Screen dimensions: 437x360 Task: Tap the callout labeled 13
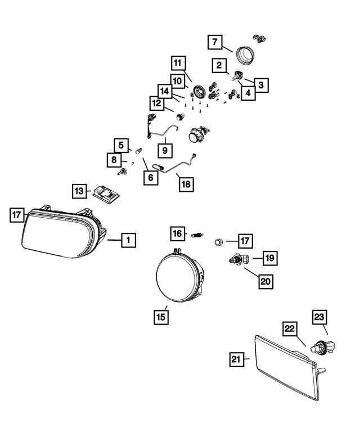tap(79, 191)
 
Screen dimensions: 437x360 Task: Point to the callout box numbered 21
tap(236, 358)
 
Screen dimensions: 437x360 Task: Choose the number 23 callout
tap(320, 317)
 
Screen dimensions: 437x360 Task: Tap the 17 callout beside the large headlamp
tap(17, 214)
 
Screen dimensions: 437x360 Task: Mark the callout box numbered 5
tap(120, 145)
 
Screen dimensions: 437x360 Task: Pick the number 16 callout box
tap(178, 233)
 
